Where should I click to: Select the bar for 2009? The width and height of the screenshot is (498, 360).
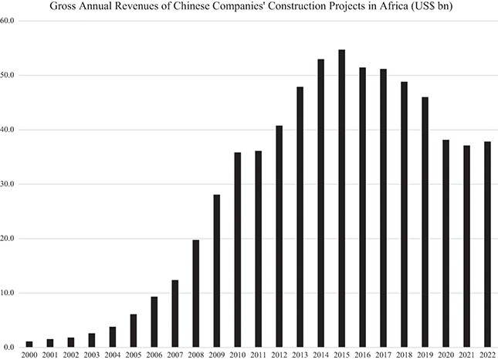[x=217, y=270]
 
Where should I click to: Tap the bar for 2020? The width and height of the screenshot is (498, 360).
[x=445, y=243]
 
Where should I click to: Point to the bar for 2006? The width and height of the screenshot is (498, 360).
[x=154, y=321]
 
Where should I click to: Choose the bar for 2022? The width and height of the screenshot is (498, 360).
[x=487, y=244]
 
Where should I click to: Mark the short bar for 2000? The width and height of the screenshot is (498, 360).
[x=29, y=344]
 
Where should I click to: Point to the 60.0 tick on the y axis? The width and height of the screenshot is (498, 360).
[x=9, y=21]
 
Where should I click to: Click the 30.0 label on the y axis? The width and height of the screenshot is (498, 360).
[x=9, y=185]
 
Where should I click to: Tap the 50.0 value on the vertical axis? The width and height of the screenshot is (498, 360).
[x=9, y=76]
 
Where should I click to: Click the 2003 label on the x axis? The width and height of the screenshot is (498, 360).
[x=92, y=355]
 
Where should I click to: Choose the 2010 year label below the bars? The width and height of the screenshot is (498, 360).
[x=238, y=355]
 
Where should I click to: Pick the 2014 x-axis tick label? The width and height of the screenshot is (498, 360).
[x=320, y=355]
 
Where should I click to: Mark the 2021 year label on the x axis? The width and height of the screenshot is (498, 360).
[x=466, y=355]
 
